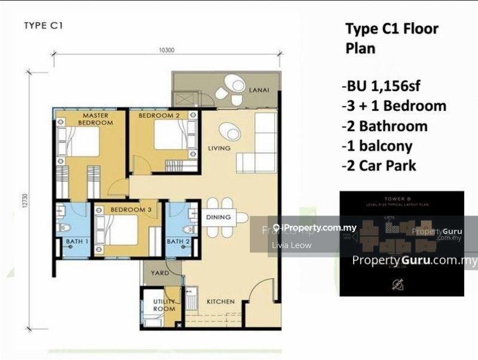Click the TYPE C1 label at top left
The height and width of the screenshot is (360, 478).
(44, 26)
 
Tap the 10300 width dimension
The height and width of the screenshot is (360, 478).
(166, 50)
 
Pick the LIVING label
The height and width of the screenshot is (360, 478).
(219, 148)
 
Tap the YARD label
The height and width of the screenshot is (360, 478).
(160, 273)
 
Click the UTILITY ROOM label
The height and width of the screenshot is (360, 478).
(164, 305)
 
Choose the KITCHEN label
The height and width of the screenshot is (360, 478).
(220, 301)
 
